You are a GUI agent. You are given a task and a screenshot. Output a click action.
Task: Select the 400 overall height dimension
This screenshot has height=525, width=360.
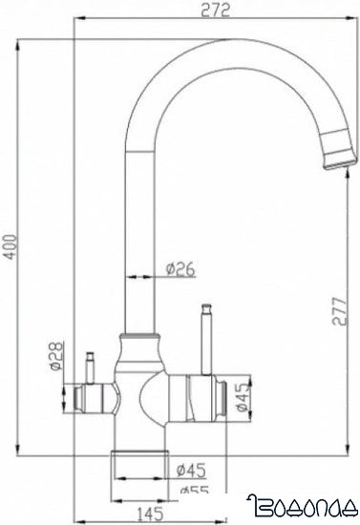pos(10,254)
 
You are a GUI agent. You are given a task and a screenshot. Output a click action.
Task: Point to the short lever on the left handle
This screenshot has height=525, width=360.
pos(89,365)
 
